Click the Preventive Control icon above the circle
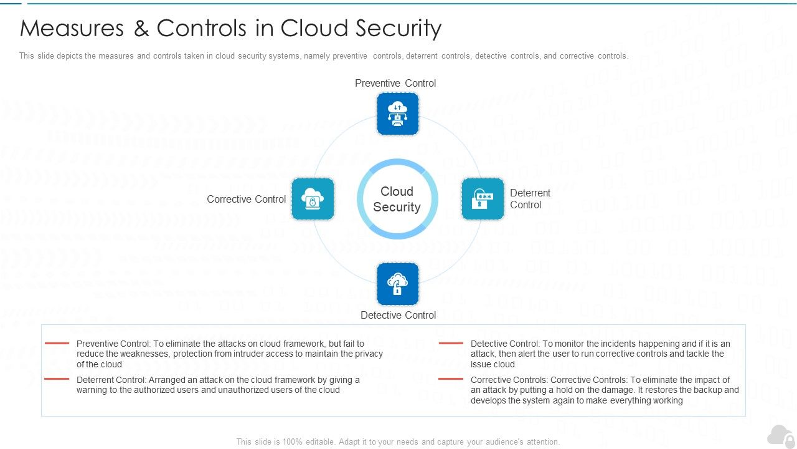(398, 114)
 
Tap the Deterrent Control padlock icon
(483, 199)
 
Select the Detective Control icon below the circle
(398, 284)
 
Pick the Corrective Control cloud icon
(313, 199)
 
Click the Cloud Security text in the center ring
(397, 199)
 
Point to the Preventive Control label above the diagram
(395, 83)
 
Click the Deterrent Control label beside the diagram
(530, 199)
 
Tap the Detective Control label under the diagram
(398, 315)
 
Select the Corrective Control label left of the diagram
(246, 199)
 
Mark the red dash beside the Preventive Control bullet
(57, 343)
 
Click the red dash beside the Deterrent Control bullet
(57, 379)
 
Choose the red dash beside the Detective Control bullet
(451, 343)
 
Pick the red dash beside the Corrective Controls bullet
(451, 379)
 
